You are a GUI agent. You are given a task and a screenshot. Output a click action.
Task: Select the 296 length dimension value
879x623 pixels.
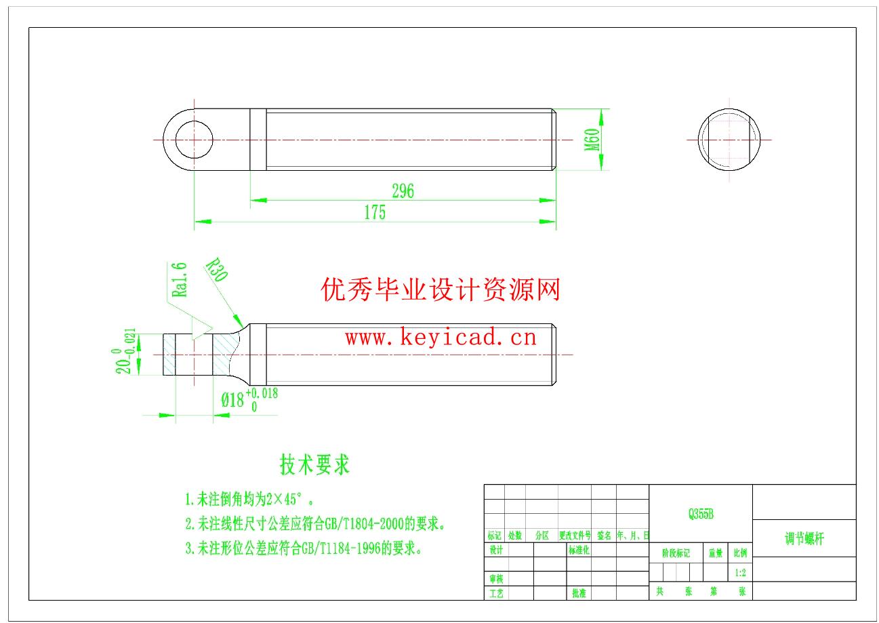(403, 191)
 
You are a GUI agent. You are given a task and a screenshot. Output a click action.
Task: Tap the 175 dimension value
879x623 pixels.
(374, 213)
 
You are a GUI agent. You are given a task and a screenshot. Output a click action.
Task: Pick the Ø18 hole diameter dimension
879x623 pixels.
(232, 400)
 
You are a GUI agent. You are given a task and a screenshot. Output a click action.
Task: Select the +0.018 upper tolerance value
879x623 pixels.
(262, 393)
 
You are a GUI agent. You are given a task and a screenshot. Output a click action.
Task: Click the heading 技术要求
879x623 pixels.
(314, 465)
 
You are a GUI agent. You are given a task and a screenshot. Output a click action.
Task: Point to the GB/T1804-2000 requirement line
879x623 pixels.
(315, 524)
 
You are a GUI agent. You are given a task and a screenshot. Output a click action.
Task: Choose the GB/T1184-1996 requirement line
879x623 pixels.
(304, 548)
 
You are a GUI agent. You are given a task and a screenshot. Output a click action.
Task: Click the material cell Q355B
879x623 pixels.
(701, 515)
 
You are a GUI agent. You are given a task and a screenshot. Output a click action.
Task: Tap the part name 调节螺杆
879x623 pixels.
(804, 539)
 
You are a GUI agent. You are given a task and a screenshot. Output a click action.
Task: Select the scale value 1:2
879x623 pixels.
(741, 573)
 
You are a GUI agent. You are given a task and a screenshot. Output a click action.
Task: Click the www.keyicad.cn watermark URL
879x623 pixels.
(441, 337)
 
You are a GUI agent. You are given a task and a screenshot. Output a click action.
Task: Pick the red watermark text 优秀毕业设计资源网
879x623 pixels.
(441, 291)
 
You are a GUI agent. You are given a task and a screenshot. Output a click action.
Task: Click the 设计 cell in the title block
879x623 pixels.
(496, 550)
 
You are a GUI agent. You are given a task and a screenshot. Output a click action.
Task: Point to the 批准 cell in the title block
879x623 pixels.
(578, 593)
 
